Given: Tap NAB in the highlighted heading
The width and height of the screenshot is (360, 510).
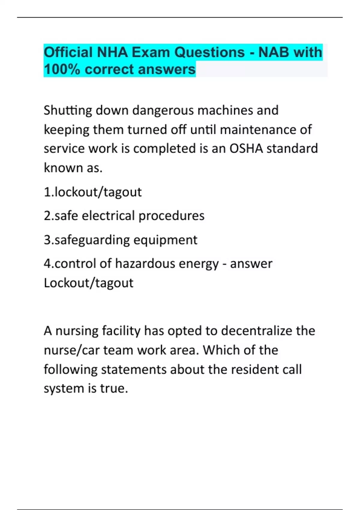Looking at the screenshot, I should click(x=274, y=52).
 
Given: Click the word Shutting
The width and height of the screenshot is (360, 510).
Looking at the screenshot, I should click(x=68, y=110).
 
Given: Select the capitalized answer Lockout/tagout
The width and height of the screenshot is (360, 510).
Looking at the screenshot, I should click(x=88, y=283).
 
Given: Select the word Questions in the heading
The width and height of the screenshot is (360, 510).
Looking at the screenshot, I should click(x=210, y=52).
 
